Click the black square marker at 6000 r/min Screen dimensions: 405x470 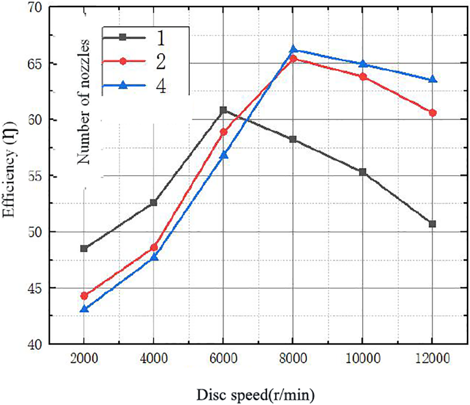tap(223, 110)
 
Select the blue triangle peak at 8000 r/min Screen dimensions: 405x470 tap(293, 50)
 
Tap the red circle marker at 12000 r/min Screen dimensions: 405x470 tap(432, 113)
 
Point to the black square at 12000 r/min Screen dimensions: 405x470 tap(432, 224)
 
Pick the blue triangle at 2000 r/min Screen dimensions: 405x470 tap(84, 309)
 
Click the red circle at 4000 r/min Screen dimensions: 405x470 tap(154, 247)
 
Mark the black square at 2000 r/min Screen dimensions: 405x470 tap(84, 249)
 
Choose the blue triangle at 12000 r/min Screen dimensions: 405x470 tap(432, 80)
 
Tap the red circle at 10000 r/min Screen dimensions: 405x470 tap(363, 77)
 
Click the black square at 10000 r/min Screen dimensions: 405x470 tap(363, 172)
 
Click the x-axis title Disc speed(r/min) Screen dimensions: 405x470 tap(255, 395)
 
